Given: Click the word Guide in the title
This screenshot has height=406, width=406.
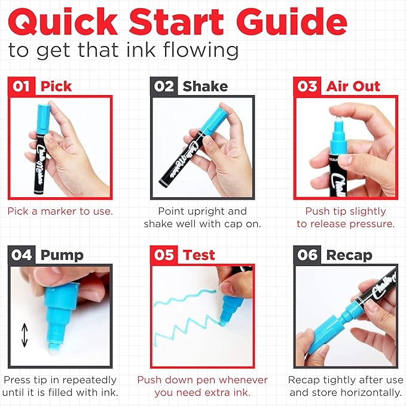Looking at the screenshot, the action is tap(292, 22).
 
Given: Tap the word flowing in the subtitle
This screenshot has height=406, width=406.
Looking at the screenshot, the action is tap(201, 50).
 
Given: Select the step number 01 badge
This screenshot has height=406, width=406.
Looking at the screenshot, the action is tap(22, 86).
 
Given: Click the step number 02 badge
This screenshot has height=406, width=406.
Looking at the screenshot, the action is tap(164, 86).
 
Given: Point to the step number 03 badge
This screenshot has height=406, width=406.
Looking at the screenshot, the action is tap(307, 86).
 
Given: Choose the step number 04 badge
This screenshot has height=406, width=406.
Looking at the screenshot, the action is tap(22, 255).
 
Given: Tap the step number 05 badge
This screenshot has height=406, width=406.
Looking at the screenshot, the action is tap(164, 255).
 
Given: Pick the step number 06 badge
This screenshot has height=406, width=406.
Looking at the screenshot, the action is tap(307, 255).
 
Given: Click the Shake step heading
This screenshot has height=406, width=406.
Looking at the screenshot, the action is tap(205, 86).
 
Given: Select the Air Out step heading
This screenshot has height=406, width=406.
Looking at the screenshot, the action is tap(353, 86).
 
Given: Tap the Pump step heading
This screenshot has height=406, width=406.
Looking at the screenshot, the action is tap(62, 256).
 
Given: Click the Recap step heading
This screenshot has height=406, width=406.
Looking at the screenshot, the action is tap(349, 256).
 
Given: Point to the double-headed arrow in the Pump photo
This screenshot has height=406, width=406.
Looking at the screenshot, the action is tap(25, 335).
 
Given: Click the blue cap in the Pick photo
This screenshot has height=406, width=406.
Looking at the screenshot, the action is tap(42, 118).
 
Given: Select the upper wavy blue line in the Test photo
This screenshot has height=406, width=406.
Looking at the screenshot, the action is tap(185, 298).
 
